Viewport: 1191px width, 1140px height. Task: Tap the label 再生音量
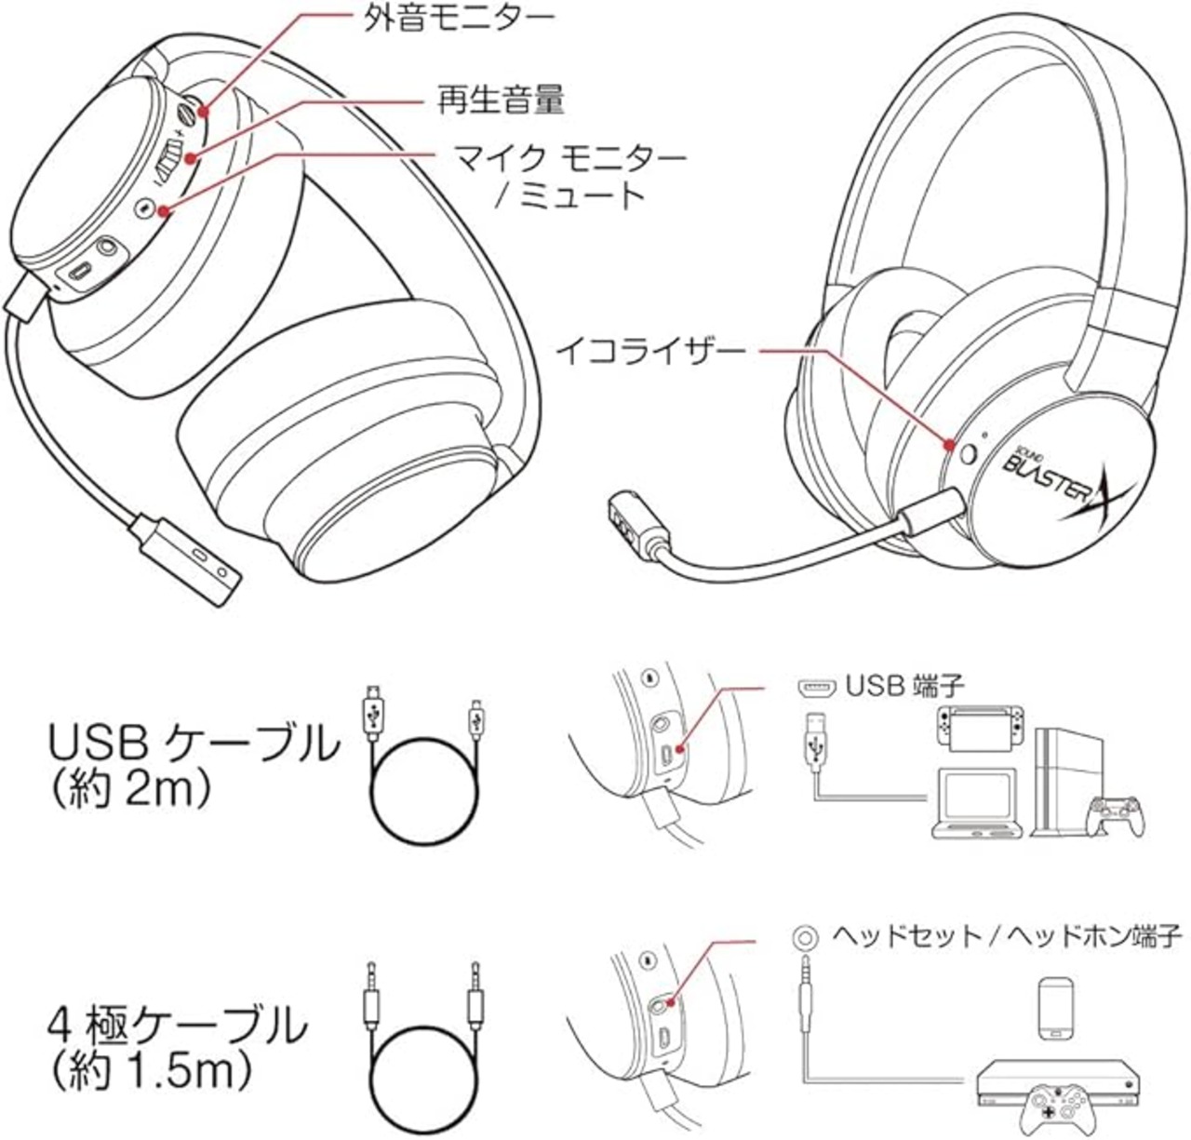click(x=501, y=99)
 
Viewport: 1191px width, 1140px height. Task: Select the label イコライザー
click(x=650, y=352)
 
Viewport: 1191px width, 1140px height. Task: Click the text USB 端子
click(x=904, y=687)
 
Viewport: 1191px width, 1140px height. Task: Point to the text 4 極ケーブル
click(x=177, y=1026)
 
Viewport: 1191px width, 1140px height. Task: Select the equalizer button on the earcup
click(x=969, y=454)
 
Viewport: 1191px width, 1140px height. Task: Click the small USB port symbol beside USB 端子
click(x=814, y=688)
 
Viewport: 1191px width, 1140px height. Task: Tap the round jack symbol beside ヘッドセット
click(x=805, y=935)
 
